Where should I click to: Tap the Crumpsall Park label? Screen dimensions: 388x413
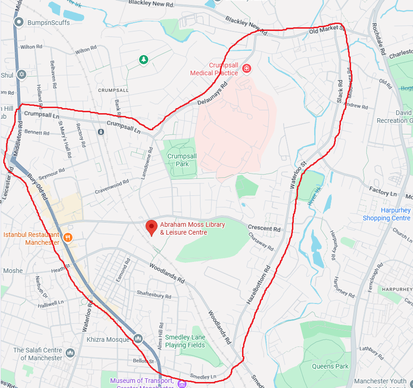182,160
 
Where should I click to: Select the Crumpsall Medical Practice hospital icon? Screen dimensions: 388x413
247,69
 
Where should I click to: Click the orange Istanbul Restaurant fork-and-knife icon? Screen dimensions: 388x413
68,238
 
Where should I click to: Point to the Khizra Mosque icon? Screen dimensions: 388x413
138,339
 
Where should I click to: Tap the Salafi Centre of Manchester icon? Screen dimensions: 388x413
70,353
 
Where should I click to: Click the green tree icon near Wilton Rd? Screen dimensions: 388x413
144,59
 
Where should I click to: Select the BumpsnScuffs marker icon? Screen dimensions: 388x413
19,22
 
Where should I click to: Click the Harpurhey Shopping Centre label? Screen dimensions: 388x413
387,214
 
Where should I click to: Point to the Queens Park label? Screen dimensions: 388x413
330,366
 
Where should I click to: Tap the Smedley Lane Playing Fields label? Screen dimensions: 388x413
185,341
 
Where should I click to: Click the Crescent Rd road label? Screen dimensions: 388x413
264,229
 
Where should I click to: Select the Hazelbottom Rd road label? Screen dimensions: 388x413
258,285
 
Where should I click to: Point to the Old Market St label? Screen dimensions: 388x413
327,30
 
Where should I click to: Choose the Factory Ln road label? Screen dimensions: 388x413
383,190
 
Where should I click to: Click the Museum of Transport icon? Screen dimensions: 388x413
182,383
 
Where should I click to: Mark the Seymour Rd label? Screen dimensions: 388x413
52,174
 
